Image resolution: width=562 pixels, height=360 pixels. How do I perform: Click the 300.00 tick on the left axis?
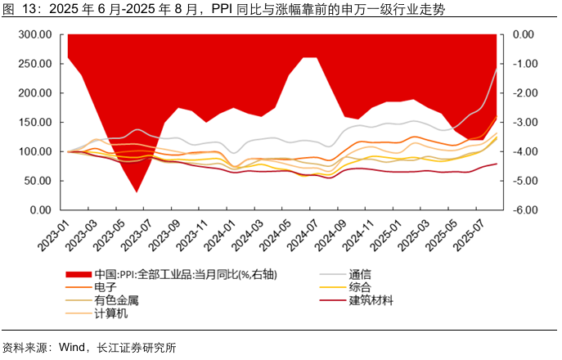tap(36, 35)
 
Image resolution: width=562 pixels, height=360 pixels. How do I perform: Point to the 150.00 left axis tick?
tap(36, 123)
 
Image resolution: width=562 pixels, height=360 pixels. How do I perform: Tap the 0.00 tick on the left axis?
tap(42, 210)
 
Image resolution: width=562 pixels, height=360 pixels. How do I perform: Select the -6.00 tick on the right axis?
tap(523, 210)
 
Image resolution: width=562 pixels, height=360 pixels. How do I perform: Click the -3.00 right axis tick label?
tap(523, 123)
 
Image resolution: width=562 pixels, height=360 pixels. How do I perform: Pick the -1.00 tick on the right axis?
tap(523, 64)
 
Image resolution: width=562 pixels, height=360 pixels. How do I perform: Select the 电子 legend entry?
tap(106, 287)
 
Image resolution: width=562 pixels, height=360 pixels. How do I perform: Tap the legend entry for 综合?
tap(360, 287)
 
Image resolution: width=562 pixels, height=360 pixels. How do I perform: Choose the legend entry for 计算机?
tap(110, 313)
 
